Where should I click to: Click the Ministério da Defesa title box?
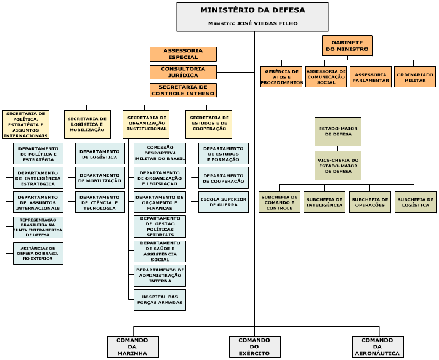pyautogui.click(x=252, y=11)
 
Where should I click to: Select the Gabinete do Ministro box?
pyautogui.click(x=347, y=46)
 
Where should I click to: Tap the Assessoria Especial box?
pyautogui.click(x=183, y=54)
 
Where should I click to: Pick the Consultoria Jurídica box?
pyautogui.click(x=183, y=72)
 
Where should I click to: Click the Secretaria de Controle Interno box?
pyautogui.click(x=183, y=90)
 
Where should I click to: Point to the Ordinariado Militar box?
pyautogui.click(x=415, y=77)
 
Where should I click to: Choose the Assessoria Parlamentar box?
pyautogui.click(x=371, y=77)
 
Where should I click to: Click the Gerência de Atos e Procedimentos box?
pyautogui.click(x=281, y=77)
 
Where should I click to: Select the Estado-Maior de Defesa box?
pyautogui.click(x=338, y=130)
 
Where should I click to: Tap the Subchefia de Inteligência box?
pyautogui.click(x=324, y=202)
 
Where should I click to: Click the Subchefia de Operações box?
pyautogui.click(x=369, y=202)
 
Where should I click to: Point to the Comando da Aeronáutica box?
pyautogui.click(x=377, y=346)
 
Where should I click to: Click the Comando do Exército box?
pyautogui.click(x=254, y=346)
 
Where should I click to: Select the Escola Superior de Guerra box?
pyautogui.click(x=223, y=202)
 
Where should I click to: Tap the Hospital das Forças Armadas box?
pyautogui.click(x=159, y=300)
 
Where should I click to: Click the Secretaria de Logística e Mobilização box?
pyautogui.click(x=87, y=124)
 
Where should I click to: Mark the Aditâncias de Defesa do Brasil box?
pyautogui.click(x=38, y=254)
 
